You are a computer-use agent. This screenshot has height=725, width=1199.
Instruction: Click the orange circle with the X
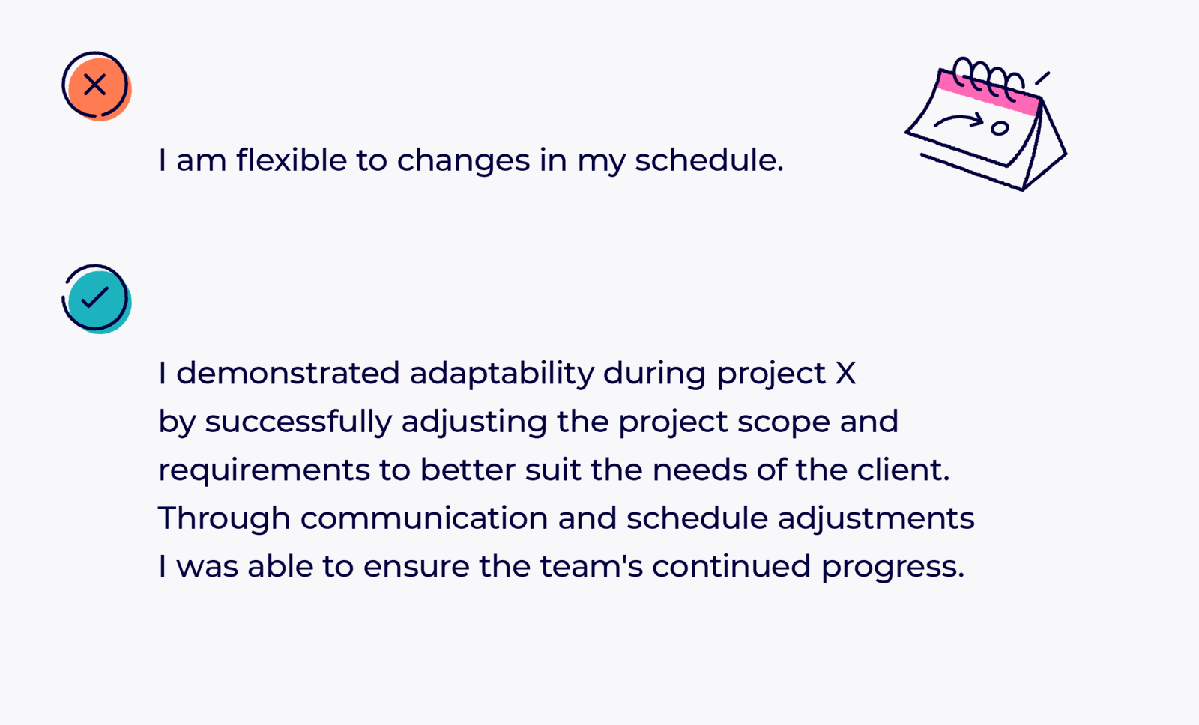(97, 86)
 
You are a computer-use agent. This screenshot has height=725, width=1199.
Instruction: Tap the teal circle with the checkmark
(97, 299)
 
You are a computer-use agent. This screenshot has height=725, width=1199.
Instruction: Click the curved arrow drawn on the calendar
(958, 120)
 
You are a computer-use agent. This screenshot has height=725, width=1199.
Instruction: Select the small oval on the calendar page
(1000, 128)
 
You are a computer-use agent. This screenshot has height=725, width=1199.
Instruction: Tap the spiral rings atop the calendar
(988, 78)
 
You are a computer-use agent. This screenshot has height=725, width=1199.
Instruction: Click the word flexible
(292, 160)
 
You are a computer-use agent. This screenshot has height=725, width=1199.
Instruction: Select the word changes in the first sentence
(463, 160)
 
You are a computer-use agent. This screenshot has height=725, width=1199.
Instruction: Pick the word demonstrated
(288, 372)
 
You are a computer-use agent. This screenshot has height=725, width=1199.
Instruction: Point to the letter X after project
(846, 373)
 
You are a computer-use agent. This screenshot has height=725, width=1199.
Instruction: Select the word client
(903, 470)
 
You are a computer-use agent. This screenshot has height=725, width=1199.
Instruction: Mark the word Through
(224, 518)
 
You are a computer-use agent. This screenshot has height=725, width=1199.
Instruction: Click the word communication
(424, 518)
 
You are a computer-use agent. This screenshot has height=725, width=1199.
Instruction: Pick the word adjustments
(876, 518)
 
